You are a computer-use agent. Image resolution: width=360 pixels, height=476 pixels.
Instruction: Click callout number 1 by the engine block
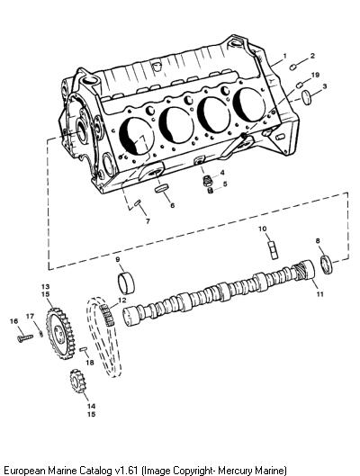click(x=284, y=56)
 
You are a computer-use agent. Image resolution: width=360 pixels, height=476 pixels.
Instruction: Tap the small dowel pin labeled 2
click(x=292, y=67)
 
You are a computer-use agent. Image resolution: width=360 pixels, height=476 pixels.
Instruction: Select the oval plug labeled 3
click(x=307, y=97)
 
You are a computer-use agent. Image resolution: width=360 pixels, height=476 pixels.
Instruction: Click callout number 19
click(x=315, y=75)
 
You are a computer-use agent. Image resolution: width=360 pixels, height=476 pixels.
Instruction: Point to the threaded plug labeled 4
click(x=208, y=180)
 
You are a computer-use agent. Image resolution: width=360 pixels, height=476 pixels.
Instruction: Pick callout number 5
click(x=225, y=184)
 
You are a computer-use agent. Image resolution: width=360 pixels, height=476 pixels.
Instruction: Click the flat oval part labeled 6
click(x=161, y=189)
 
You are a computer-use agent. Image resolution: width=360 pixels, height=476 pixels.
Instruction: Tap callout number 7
click(x=148, y=221)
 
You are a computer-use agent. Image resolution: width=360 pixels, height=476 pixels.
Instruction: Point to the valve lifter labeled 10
click(x=273, y=250)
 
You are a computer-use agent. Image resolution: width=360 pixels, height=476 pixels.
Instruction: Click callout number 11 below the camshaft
click(x=319, y=294)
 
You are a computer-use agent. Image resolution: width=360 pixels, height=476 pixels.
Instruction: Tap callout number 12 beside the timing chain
click(x=121, y=300)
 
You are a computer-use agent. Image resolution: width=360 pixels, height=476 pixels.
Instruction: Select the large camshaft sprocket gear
click(x=60, y=333)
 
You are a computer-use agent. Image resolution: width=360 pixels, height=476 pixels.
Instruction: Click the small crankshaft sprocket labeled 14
click(x=77, y=381)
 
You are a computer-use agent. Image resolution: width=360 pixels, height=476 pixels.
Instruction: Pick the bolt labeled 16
click(x=25, y=338)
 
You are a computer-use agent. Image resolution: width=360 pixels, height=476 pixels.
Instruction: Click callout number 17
click(x=30, y=317)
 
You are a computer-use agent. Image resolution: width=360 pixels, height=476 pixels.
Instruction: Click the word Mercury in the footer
click(x=235, y=471)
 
